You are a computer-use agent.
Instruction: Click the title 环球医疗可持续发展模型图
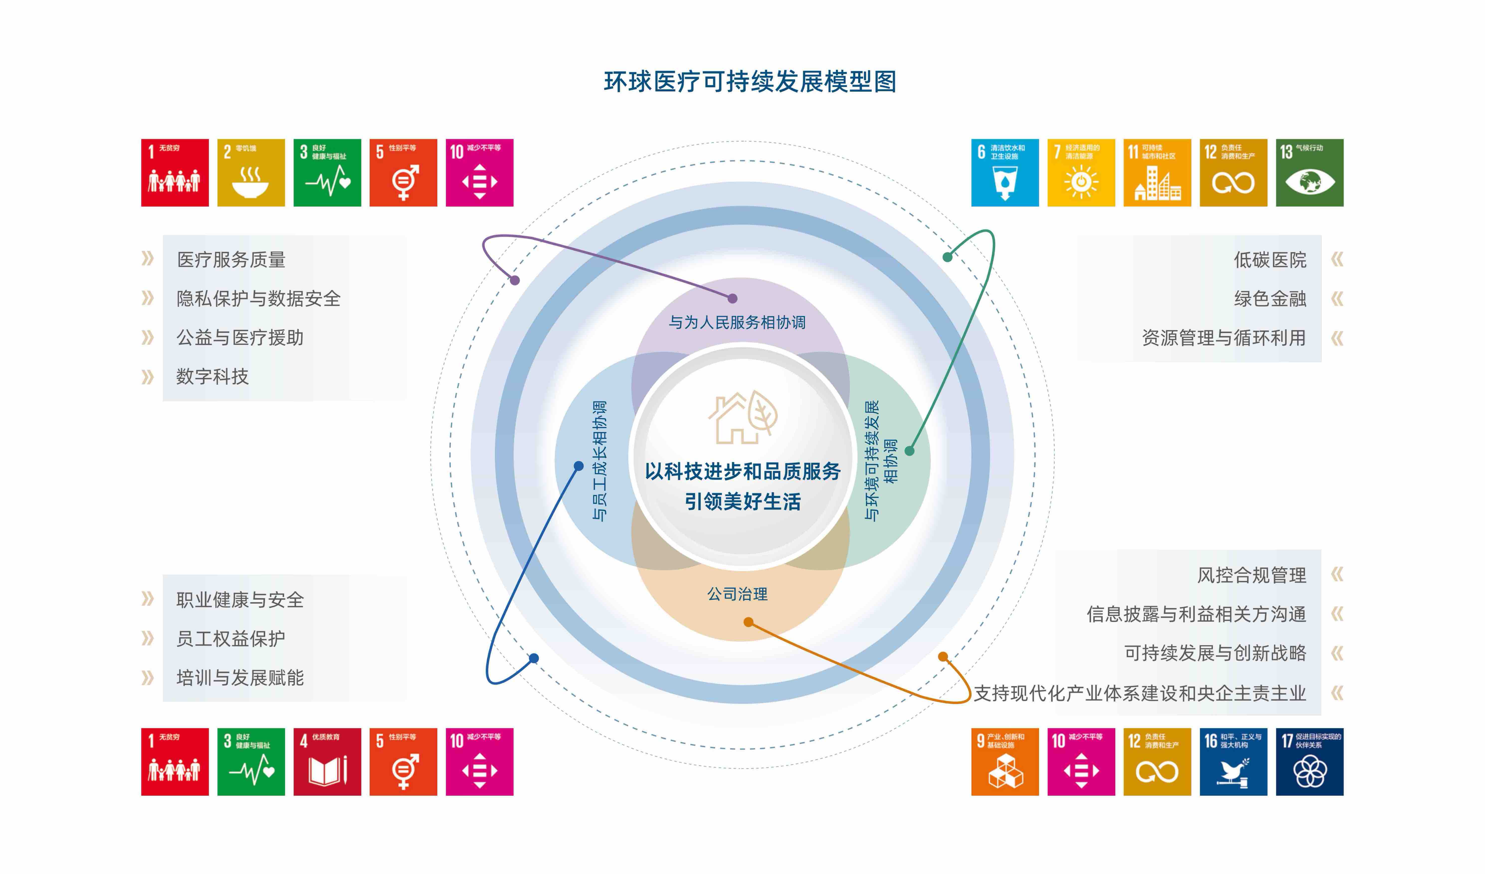point(750,82)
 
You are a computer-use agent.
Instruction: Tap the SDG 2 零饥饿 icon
point(251,172)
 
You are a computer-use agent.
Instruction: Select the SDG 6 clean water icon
point(1005,172)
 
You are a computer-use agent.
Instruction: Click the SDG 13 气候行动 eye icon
point(1309,172)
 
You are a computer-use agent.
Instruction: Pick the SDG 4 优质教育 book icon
point(327,762)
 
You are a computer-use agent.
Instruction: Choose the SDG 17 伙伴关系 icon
point(1309,762)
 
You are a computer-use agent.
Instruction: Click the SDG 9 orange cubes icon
point(1005,762)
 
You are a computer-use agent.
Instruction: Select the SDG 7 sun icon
point(1081,172)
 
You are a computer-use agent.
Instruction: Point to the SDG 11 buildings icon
point(1157,172)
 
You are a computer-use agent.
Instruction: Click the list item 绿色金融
point(1270,299)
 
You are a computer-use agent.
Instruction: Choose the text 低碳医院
point(1270,260)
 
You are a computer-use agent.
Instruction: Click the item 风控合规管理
point(1252,575)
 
